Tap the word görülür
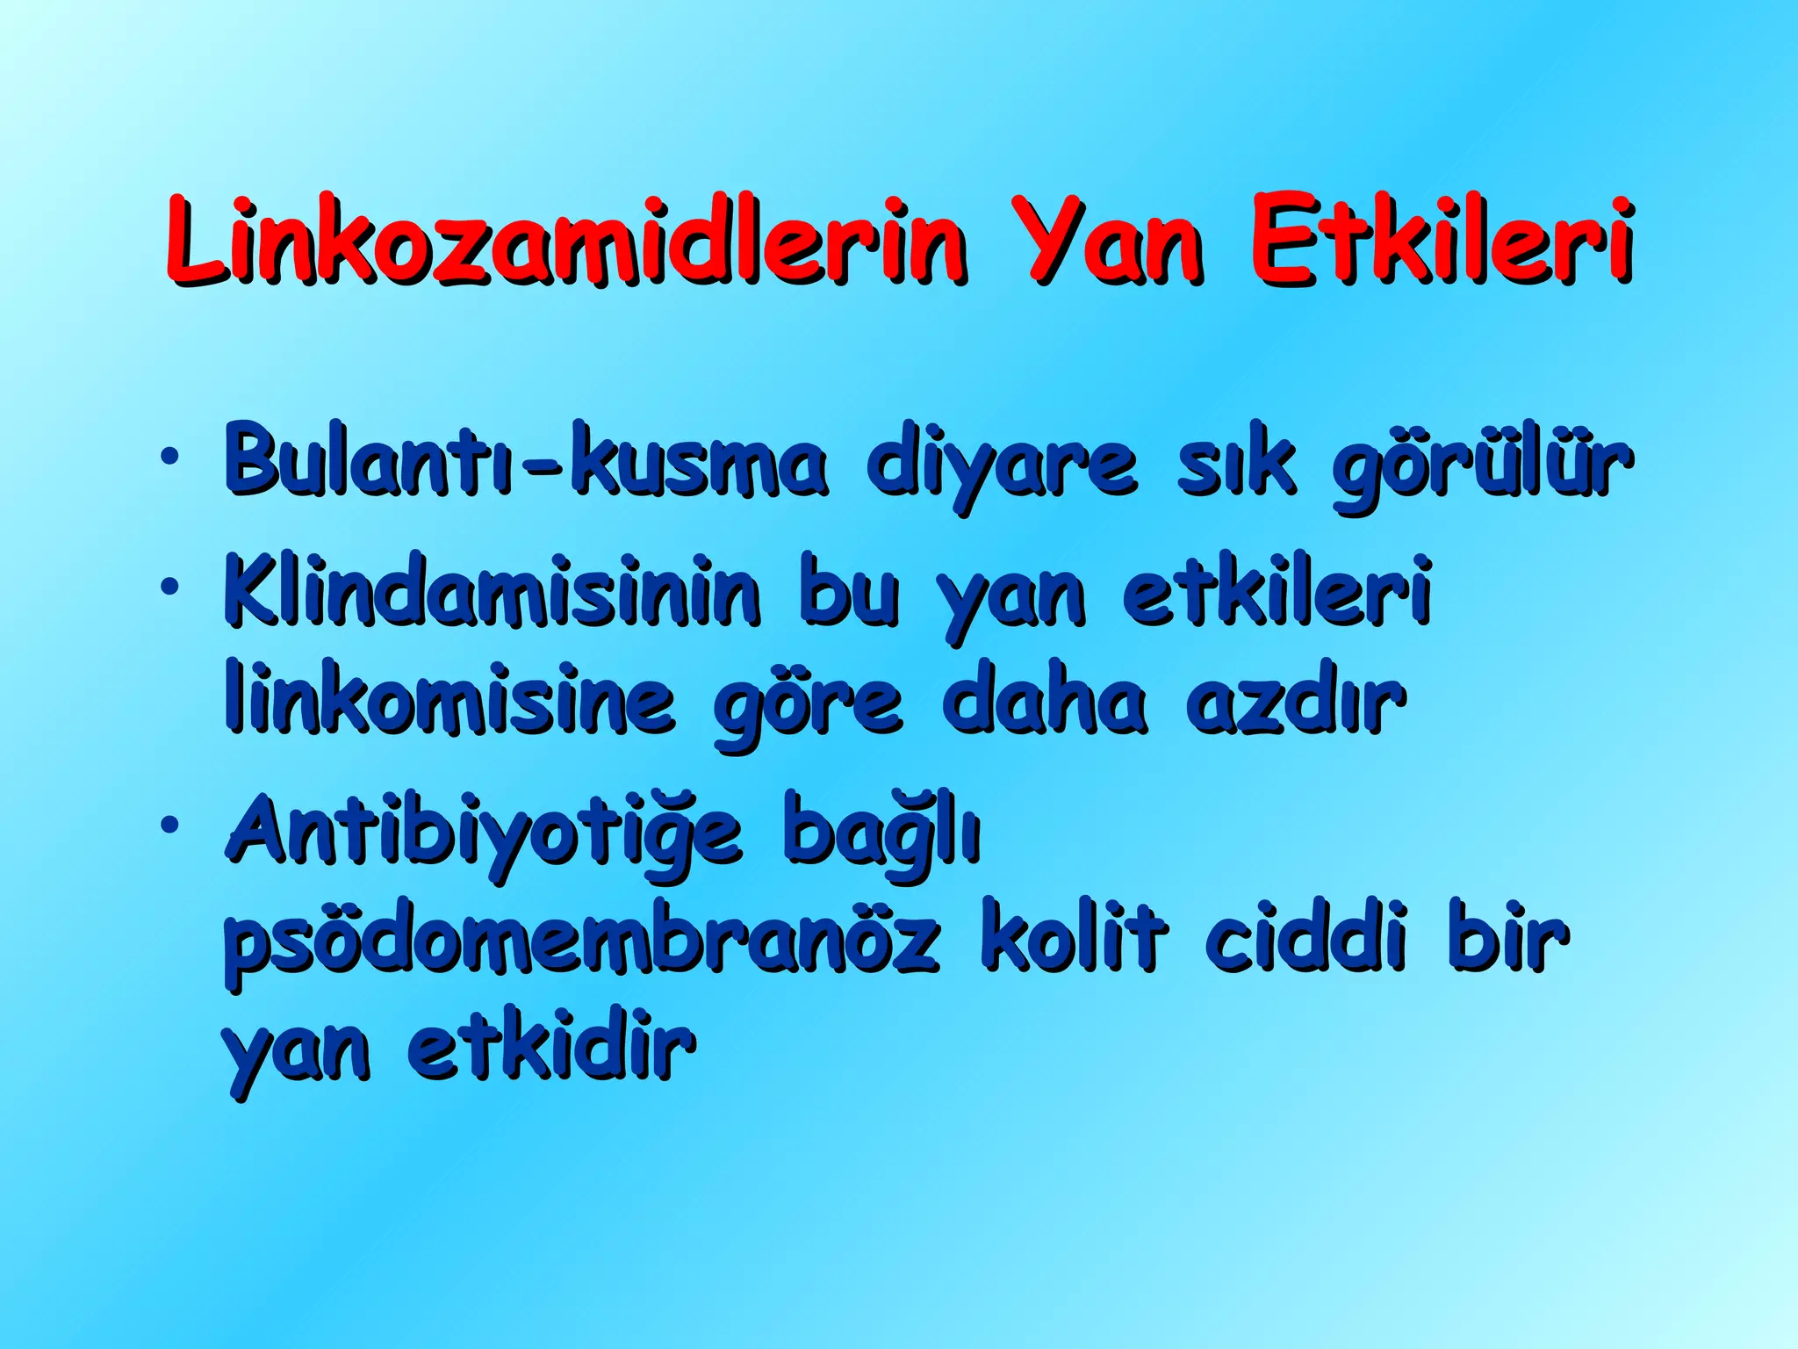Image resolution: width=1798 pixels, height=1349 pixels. click(x=1482, y=465)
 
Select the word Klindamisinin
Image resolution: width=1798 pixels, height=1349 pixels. click(x=492, y=590)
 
